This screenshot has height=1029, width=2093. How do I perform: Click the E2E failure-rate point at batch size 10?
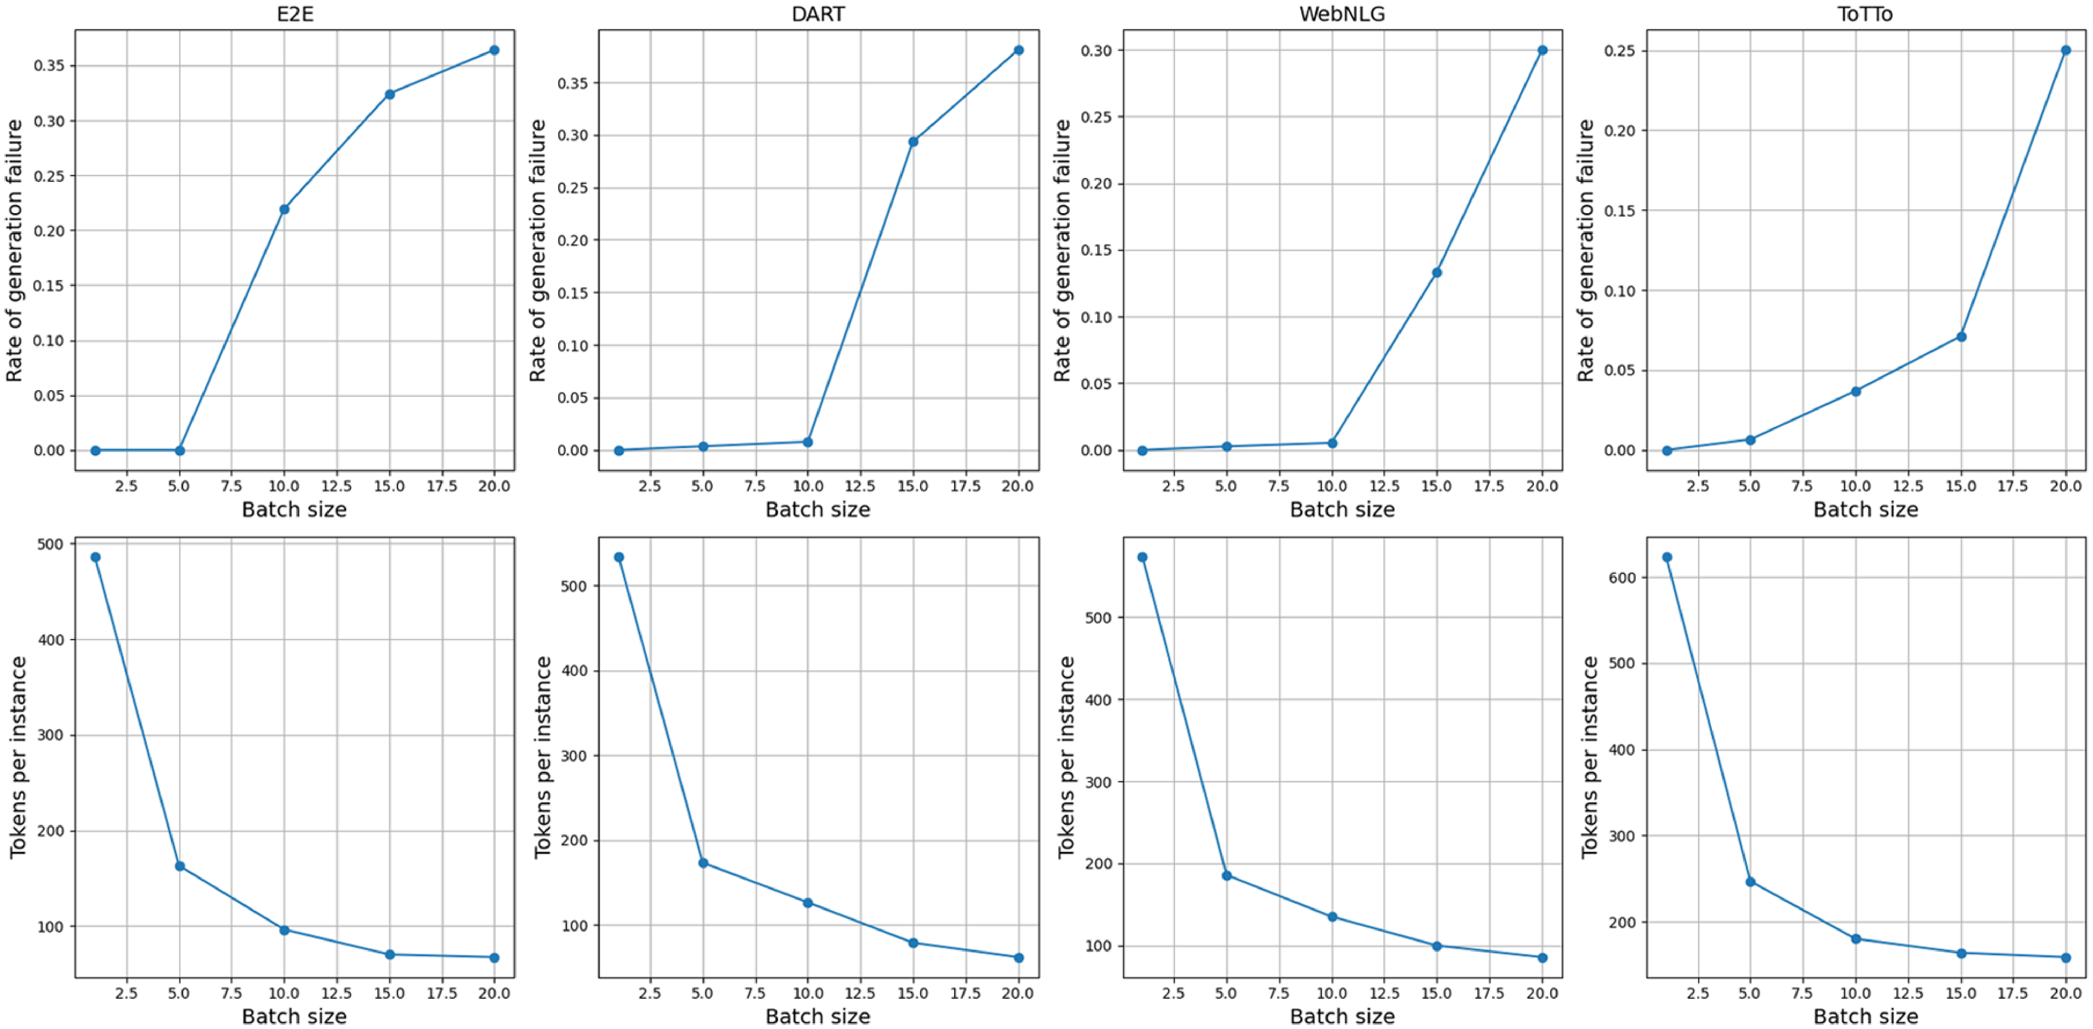[x=284, y=209]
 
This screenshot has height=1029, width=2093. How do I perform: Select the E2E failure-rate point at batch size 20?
[x=494, y=50]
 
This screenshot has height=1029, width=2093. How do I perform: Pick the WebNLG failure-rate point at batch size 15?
[x=1437, y=273]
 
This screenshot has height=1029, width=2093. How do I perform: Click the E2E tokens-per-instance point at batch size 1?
[x=96, y=557]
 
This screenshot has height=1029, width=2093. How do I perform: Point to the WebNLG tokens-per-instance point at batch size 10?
[x=1332, y=917]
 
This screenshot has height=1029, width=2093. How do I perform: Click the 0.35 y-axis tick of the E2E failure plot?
[x=49, y=66]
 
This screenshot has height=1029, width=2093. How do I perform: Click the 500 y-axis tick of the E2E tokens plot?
[x=50, y=544]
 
